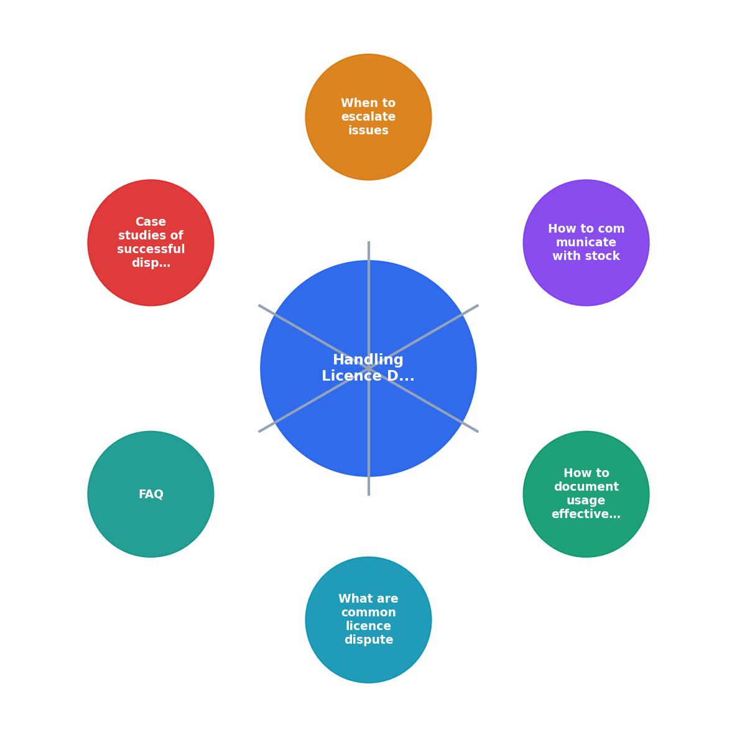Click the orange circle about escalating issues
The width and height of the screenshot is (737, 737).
coord(368,117)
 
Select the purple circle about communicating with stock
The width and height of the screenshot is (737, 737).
coord(586,243)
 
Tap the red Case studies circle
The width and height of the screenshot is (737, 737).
coord(151,243)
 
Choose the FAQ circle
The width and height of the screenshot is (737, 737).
coord(151,494)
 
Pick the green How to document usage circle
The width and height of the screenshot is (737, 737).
coord(586,494)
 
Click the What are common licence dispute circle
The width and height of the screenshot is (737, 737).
coord(368,620)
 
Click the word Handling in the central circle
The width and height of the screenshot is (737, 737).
coord(368,360)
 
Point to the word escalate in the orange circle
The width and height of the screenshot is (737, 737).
coord(368,116)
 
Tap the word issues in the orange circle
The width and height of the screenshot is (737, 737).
coord(368,130)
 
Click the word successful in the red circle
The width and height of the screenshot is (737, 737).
coord(151,249)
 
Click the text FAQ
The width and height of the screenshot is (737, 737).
coord(151,494)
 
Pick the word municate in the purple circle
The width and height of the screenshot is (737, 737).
coord(586,242)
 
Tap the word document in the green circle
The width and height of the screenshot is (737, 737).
coord(586,486)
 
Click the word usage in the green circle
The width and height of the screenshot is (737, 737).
coord(586,501)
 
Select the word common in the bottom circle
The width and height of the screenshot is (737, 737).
coord(368,613)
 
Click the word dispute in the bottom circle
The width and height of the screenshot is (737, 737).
coord(368,640)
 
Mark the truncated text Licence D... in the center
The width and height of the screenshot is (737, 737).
coord(368,376)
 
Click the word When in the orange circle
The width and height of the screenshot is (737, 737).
coord(355,103)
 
